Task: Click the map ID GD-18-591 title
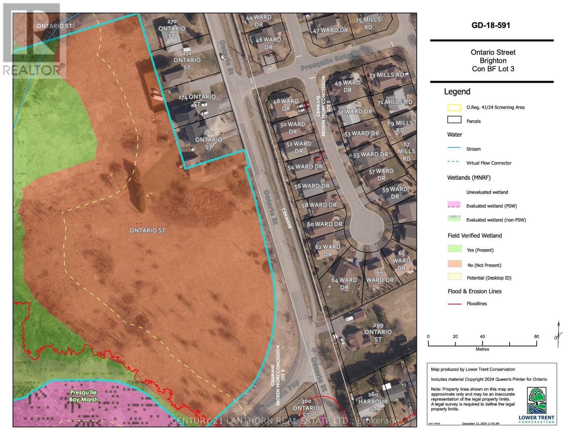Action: [x=491, y=25]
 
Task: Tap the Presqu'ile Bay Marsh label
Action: [x=83, y=396]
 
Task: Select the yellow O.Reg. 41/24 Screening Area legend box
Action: [x=454, y=108]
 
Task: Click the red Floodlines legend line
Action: [x=454, y=304]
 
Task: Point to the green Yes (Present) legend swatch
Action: [x=454, y=249]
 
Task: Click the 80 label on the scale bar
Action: [x=536, y=337]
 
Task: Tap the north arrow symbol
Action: [x=558, y=334]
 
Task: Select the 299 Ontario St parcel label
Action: [x=378, y=332]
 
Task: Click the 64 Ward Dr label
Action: [x=344, y=283]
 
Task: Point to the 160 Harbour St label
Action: [x=373, y=401]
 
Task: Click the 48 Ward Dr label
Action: [x=286, y=105]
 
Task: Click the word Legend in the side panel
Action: [x=457, y=92]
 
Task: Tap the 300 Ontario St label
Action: [x=306, y=408]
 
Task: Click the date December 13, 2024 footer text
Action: [x=480, y=423]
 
